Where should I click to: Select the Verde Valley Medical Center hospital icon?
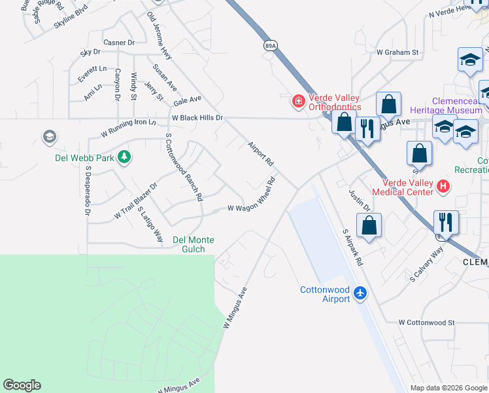click(443, 187)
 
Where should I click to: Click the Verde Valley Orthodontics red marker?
click(299, 101)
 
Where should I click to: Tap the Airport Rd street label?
click(260, 152)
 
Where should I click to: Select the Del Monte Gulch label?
click(189, 244)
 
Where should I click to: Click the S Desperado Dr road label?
click(86, 191)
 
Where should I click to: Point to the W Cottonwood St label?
click(426, 322)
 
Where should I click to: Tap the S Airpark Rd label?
click(352, 247)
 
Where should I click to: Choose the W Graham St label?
click(397, 52)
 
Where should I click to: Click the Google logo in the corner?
click(22, 385)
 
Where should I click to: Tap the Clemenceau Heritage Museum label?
click(447, 105)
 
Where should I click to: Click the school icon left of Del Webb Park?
click(49, 137)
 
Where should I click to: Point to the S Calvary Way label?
click(426, 264)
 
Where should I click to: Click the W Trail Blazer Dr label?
click(136, 200)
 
